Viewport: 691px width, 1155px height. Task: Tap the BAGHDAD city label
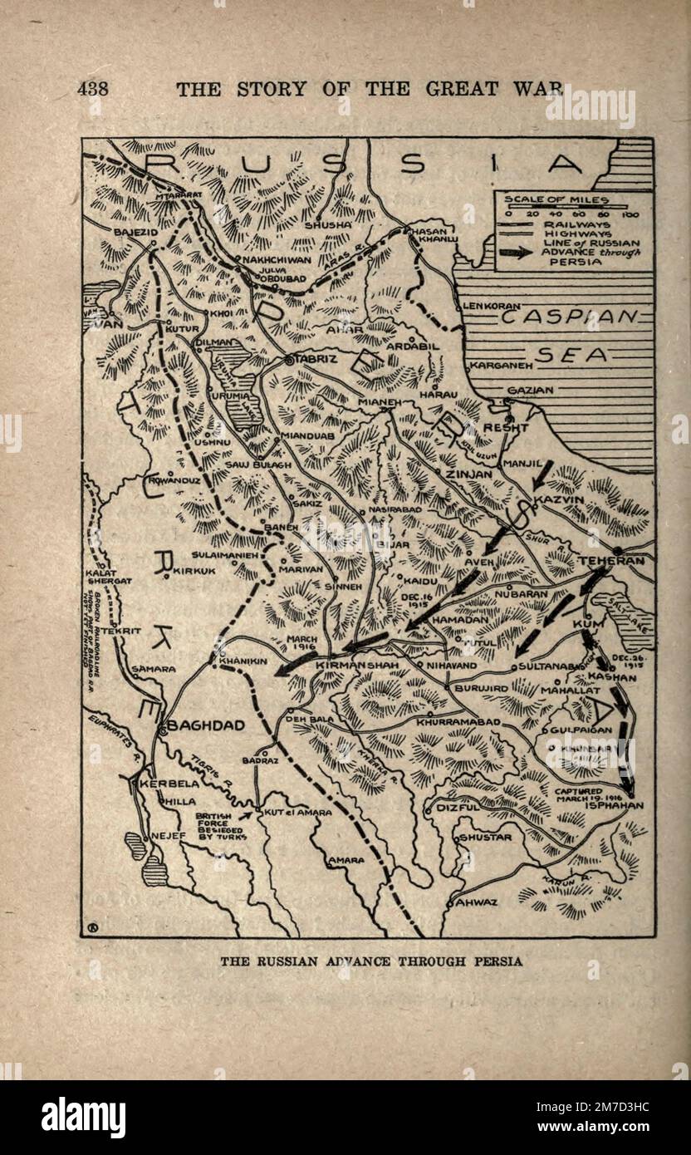click(206, 725)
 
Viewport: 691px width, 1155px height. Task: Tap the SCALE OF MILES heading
click(556, 199)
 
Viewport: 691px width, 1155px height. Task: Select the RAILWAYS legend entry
click(577, 224)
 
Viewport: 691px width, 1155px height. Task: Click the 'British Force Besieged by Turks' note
click(218, 826)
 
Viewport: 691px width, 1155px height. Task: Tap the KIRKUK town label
click(194, 572)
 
